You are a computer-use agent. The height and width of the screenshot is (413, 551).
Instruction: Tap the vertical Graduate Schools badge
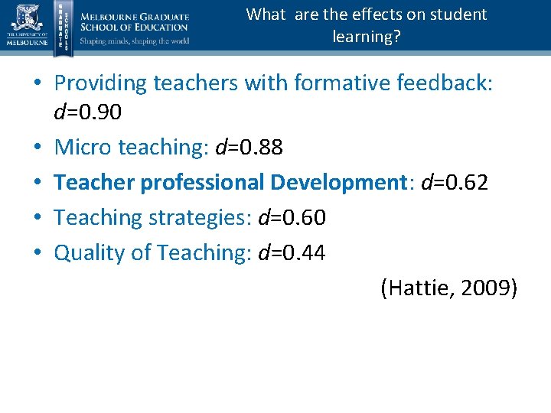pyautogui.click(x=64, y=26)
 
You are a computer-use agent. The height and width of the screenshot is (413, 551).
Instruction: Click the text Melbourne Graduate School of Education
pyautogui.click(x=134, y=21)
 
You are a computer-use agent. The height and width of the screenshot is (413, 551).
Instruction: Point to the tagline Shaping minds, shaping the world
pyautogui.click(x=135, y=41)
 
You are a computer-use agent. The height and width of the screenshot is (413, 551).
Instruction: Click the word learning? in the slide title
pyautogui.click(x=366, y=36)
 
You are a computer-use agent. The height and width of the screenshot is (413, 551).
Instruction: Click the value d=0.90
pyautogui.click(x=87, y=112)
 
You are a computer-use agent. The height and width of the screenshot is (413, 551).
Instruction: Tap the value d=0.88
pyautogui.click(x=249, y=147)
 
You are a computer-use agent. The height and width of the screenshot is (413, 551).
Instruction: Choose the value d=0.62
pyautogui.click(x=455, y=182)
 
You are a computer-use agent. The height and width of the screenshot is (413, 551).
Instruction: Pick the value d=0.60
pyautogui.click(x=292, y=217)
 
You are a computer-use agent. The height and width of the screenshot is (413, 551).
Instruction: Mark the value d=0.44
pyautogui.click(x=292, y=252)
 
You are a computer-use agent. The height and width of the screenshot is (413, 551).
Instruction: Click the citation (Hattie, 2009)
pyautogui.click(x=448, y=288)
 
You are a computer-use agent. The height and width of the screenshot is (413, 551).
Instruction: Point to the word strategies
pyautogui.click(x=200, y=218)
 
